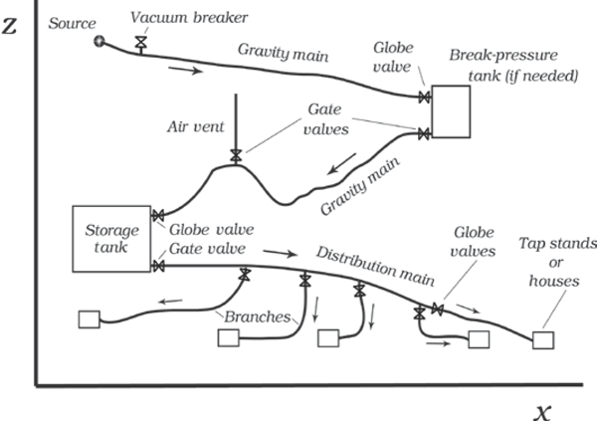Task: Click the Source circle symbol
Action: (99, 41)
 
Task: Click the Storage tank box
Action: (111, 239)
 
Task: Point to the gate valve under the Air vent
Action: (236, 155)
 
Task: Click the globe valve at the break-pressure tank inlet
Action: (424, 97)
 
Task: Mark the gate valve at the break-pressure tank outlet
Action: (424, 133)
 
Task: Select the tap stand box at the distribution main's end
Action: (543, 339)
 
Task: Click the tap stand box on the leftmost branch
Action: (88, 319)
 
